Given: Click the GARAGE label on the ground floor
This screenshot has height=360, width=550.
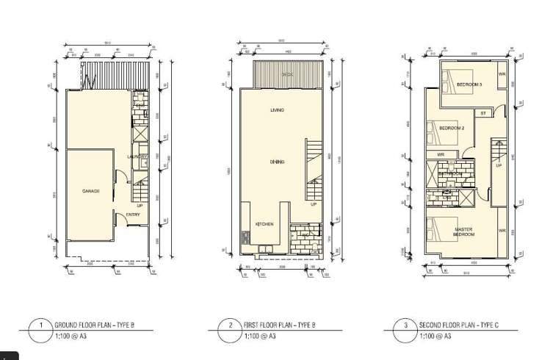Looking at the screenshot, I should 91,191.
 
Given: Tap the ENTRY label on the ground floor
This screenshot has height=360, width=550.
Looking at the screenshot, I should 133,215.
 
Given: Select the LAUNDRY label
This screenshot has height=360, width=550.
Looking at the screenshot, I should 137,156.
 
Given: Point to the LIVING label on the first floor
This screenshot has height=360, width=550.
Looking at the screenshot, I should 277,110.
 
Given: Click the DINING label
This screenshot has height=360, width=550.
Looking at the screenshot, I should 277,162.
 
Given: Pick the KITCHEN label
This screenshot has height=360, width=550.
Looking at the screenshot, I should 264,223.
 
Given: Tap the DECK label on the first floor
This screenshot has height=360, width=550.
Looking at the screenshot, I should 287,75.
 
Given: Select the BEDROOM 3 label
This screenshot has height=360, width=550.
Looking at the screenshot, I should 469,84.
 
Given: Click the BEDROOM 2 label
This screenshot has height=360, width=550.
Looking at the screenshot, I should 452,128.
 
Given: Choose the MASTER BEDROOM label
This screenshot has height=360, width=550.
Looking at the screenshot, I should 463,231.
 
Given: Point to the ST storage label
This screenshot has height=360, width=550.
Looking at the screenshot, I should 483,113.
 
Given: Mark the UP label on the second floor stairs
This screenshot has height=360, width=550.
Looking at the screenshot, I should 499,165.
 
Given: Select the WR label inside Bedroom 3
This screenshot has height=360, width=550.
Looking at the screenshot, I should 502,74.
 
